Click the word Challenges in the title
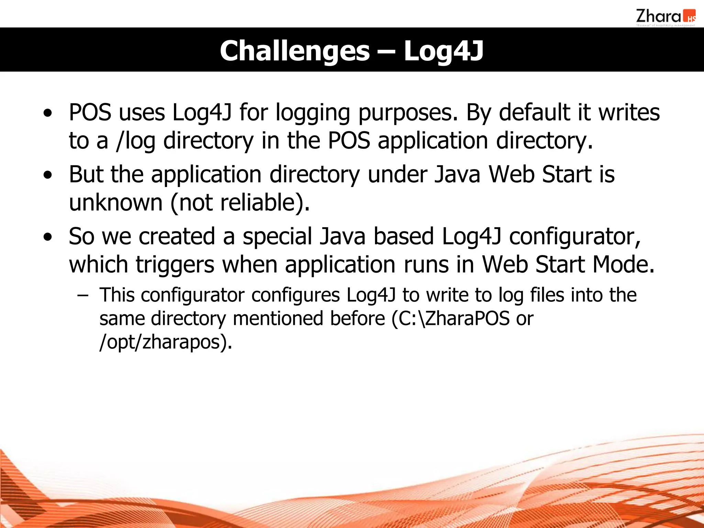click(x=295, y=51)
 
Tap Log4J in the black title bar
click(x=443, y=51)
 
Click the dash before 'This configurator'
click(x=83, y=295)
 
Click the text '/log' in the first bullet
click(x=136, y=141)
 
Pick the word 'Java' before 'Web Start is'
click(x=457, y=174)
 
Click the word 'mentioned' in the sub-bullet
click(x=278, y=319)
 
